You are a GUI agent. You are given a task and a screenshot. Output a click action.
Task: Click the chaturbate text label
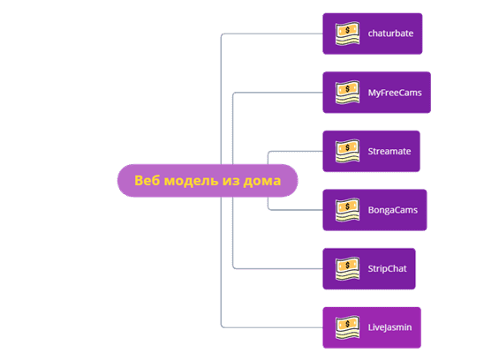[390, 34]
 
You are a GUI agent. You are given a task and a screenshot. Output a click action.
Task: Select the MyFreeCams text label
[395, 93]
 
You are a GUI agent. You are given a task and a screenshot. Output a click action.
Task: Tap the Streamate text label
[389, 151]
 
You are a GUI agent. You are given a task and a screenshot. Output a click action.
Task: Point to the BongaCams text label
[393, 210]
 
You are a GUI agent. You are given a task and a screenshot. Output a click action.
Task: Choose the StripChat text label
[387, 269]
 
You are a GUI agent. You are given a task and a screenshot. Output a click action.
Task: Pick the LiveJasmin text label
[389, 327]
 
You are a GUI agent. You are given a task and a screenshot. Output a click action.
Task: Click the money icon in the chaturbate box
[348, 34]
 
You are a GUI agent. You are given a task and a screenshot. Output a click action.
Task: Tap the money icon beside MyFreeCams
[348, 93]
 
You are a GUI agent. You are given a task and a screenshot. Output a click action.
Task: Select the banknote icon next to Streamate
[348, 151]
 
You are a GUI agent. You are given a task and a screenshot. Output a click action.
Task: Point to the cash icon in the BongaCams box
[348, 210]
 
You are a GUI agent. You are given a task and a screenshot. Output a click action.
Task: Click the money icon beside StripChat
[348, 268]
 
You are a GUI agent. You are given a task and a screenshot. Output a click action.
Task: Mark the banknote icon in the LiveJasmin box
[348, 327]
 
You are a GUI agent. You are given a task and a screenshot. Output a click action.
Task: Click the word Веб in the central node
[147, 181]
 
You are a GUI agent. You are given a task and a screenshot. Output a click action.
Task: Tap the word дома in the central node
[262, 181]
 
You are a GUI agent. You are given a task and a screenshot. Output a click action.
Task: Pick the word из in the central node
[231, 181]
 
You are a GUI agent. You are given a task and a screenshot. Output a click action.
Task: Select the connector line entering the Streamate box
[289, 151]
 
